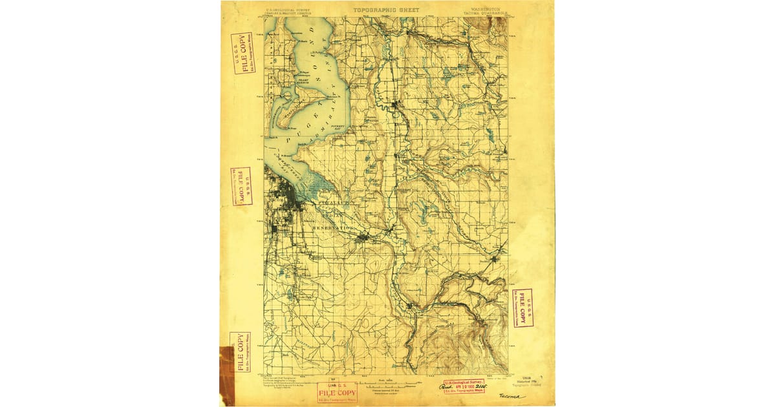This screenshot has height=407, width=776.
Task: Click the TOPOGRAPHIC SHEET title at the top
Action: [386, 10]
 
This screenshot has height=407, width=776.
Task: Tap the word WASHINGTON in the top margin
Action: [480, 10]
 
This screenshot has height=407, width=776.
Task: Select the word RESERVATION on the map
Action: [333, 228]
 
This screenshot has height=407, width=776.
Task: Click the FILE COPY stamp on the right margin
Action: [522, 308]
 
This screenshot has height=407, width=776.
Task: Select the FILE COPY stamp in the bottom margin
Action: [336, 392]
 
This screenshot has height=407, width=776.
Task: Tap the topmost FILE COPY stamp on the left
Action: [242, 53]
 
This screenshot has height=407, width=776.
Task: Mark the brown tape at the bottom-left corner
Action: [226, 375]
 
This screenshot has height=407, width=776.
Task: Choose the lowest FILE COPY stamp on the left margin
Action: [240, 352]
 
